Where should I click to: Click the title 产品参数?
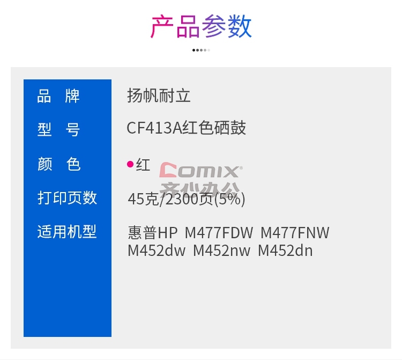tap(201, 26)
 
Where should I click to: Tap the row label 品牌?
tap(58, 96)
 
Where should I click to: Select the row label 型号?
tap(58, 129)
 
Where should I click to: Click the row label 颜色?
tap(59, 164)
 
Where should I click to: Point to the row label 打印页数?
tap(67, 197)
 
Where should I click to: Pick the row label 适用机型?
tap(67, 231)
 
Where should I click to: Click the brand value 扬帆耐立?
tap(159, 95)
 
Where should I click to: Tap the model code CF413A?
tap(154, 128)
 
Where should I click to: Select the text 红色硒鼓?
tap(214, 128)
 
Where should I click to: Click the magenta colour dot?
tap(130, 164)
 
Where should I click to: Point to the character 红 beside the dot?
tap(143, 165)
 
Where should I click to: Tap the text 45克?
tap(143, 199)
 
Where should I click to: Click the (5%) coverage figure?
tap(229, 199)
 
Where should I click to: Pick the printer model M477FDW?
tap(219, 233)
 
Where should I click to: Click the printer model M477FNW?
tap(295, 233)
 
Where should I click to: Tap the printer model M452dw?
tap(157, 251)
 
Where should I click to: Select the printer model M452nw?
tap(221, 251)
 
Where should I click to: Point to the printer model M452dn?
tap(285, 251)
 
